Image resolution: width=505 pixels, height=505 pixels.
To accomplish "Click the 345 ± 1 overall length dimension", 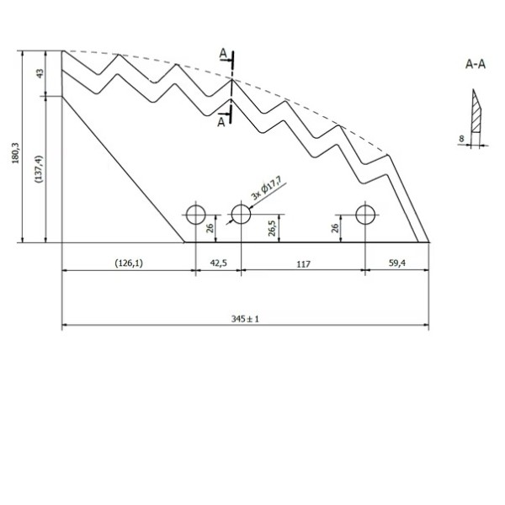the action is coord(245,319).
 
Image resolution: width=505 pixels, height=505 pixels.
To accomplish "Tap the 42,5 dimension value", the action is coord(218,263).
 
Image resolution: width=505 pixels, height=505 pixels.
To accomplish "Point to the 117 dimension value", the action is coord(303,264).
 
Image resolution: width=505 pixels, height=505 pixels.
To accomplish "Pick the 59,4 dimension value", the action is coord(397,263).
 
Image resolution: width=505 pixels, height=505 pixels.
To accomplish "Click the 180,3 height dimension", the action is coord(15,153).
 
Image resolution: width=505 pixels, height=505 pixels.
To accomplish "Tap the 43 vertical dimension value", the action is coord(40,73).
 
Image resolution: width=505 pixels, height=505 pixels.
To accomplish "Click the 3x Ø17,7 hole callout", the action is coord(266,191).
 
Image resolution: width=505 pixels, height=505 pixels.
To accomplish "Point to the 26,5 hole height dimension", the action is coord(272,228).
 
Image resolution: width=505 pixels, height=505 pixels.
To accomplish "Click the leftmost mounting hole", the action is coord(196,215).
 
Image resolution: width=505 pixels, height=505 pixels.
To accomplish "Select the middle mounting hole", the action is coord(241,214).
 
